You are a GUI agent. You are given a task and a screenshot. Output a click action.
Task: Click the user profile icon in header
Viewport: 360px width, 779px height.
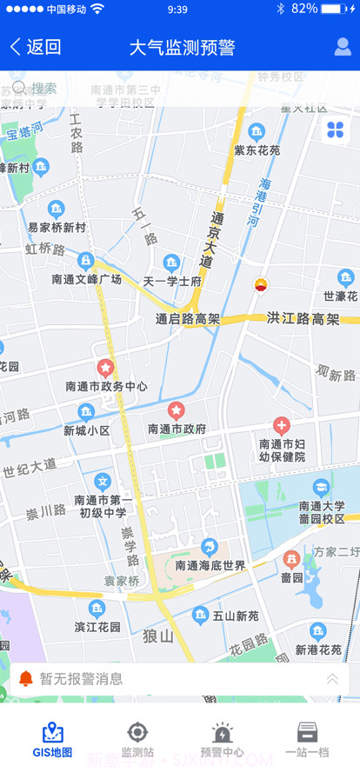[x=343, y=47]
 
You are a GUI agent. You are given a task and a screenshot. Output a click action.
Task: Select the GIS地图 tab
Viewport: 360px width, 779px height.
[x=52, y=740]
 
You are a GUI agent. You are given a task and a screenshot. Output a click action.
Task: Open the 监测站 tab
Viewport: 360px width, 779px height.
[x=137, y=740]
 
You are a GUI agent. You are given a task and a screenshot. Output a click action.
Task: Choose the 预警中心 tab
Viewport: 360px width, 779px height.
[x=222, y=740]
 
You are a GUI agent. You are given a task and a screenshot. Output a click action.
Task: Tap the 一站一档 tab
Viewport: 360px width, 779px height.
[x=307, y=740]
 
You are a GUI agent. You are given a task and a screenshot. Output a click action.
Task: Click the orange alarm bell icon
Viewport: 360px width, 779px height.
[x=26, y=679]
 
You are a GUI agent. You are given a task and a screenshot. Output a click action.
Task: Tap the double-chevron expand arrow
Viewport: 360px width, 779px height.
[x=332, y=679]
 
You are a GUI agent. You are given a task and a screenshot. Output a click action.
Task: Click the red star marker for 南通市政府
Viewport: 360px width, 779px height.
[x=176, y=409]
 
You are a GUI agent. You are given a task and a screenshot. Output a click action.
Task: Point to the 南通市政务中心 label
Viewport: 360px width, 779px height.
[x=106, y=386]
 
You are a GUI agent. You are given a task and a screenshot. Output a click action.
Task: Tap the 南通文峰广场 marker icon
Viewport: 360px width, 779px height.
[x=86, y=260]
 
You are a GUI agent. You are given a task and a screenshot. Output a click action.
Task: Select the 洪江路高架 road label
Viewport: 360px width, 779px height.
[x=303, y=319]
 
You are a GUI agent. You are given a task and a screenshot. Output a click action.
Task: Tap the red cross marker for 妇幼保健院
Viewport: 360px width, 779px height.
[x=281, y=425]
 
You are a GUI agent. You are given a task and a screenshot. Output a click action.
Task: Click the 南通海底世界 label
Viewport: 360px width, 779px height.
[x=210, y=565]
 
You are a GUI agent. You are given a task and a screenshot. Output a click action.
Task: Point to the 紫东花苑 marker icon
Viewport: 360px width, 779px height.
[x=257, y=131]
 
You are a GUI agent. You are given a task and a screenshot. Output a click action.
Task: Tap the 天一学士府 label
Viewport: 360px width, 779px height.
[x=172, y=281]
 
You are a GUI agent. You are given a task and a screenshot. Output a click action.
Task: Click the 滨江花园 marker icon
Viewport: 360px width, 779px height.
[x=97, y=608]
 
